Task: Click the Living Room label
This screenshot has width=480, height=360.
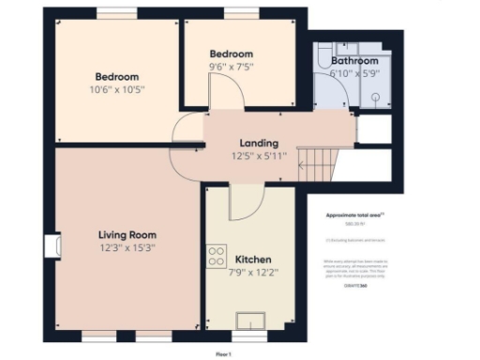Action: pyautogui.click(x=127, y=234)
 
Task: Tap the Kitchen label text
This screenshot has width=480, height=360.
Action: pyautogui.click(x=253, y=259)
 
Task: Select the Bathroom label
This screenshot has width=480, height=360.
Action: pyautogui.click(x=354, y=61)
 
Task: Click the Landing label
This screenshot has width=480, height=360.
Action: pyautogui.click(x=257, y=142)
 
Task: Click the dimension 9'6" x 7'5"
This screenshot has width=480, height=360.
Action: pyautogui.click(x=231, y=66)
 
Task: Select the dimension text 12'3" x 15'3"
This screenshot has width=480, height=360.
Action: pyautogui.click(x=127, y=247)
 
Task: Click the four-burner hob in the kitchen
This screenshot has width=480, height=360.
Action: pyautogui.click(x=217, y=252)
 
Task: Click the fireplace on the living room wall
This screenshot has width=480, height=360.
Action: pyautogui.click(x=51, y=246)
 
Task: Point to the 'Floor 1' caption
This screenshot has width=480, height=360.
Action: pyautogui.click(x=223, y=353)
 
